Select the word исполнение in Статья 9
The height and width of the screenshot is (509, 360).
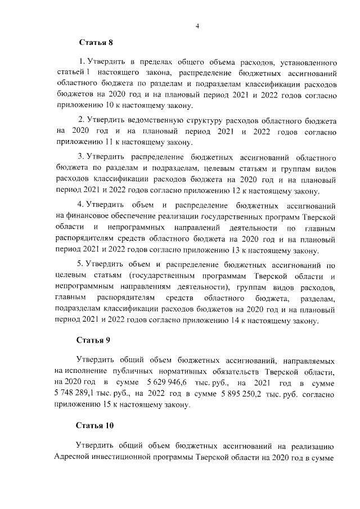tap(92, 372)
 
